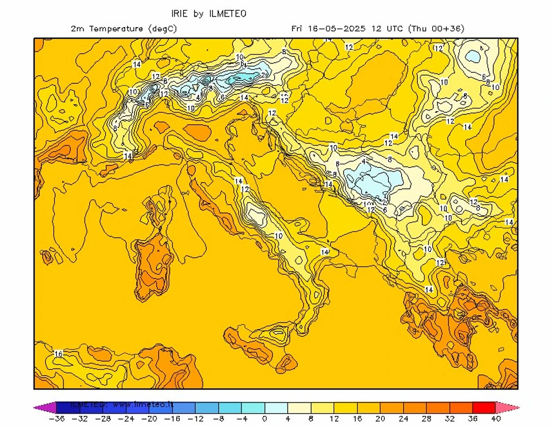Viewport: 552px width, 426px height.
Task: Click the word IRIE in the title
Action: (x=180, y=13)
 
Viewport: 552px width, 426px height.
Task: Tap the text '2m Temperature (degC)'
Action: (x=123, y=28)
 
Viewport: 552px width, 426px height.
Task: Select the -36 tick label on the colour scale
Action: (x=57, y=419)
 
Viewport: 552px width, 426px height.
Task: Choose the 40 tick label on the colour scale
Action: (x=495, y=419)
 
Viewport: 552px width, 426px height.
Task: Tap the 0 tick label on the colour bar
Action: (x=264, y=419)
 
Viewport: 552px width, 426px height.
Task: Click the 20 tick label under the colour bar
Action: (x=380, y=419)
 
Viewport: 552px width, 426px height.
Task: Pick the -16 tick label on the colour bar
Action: (x=172, y=419)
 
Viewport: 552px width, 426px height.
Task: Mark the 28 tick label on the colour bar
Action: (x=426, y=419)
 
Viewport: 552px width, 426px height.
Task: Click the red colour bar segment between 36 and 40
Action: (x=483, y=407)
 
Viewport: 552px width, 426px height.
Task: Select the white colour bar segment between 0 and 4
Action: (x=276, y=407)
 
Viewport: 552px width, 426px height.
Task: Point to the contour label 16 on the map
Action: (x=58, y=354)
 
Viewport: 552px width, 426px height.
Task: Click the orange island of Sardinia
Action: (x=150, y=267)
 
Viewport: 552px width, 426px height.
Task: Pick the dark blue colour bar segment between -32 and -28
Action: (x=92, y=407)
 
